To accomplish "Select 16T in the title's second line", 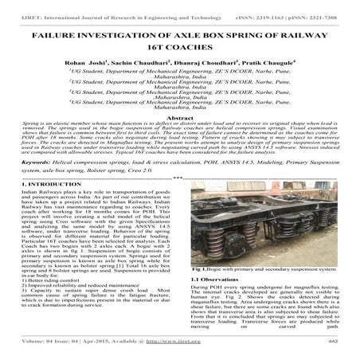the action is tap(150, 53).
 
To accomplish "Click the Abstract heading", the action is tap(179, 139).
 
